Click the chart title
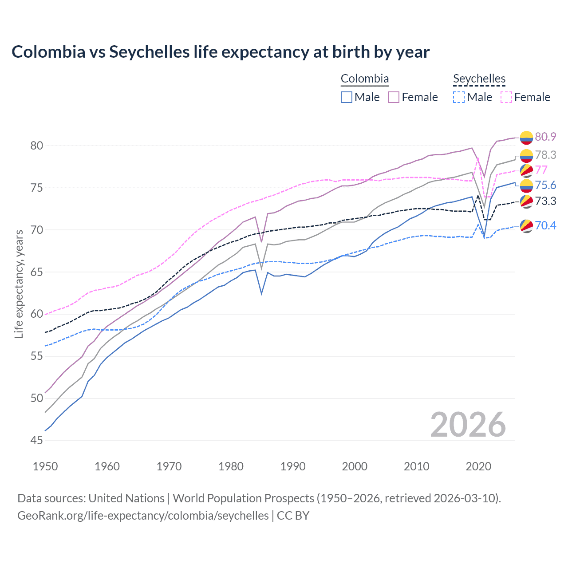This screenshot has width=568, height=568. click(x=221, y=52)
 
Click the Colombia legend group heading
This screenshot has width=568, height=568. click(x=364, y=79)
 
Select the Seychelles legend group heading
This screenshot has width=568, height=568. click(x=479, y=79)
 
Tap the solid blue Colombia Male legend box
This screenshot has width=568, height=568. click(x=347, y=97)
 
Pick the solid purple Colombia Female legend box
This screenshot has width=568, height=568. click(x=394, y=97)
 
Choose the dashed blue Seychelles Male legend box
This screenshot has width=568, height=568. click(x=459, y=97)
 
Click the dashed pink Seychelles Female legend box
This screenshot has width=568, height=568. click(x=506, y=97)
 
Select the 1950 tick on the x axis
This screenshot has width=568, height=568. click(x=45, y=466)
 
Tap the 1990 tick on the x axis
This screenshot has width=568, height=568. click(x=293, y=466)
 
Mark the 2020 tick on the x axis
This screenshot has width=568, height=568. click(x=478, y=466)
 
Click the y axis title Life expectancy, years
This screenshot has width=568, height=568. click(x=19, y=284)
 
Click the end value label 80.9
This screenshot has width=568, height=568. click(x=545, y=137)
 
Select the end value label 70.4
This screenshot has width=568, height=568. click(x=545, y=225)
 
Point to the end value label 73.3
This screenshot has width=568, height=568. click(x=545, y=201)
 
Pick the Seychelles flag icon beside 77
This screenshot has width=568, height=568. click(x=526, y=170)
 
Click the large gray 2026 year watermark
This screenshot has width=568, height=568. click(x=468, y=425)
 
